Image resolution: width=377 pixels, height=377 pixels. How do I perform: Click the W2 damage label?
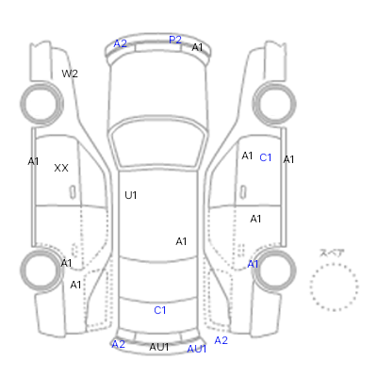tap(70, 74)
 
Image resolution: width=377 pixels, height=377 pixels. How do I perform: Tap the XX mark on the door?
tap(61, 168)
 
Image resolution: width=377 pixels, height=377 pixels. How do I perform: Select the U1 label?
tap(131, 195)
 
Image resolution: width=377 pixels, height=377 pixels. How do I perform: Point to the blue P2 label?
tap(175, 40)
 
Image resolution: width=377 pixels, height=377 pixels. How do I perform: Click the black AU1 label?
tap(159, 347)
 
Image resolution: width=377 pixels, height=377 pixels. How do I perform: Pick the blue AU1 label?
tap(197, 349)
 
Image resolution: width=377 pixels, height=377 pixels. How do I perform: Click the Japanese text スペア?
tap(332, 253)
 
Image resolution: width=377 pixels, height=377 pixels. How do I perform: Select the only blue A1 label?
tap(253, 264)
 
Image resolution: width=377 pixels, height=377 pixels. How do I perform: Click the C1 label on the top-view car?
tap(160, 310)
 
